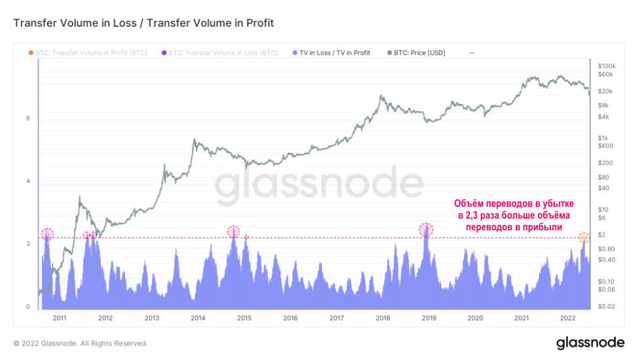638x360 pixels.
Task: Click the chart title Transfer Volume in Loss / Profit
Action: tap(143, 23)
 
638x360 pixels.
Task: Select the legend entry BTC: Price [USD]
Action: tap(419, 52)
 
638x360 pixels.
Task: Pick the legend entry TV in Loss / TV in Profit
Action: tap(335, 52)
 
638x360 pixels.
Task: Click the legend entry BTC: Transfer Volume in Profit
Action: tap(90, 52)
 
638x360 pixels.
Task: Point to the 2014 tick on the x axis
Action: tap(198, 318)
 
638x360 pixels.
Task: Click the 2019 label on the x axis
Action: tap(429, 318)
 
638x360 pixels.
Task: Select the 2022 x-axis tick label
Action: tap(568, 318)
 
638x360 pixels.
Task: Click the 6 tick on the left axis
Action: tap(28, 118)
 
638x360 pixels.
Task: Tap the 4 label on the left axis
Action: tap(28, 181)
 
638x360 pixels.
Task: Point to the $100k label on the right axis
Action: tap(607, 66)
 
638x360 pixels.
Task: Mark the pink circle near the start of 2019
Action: tap(426, 230)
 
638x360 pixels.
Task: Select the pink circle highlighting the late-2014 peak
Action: tap(233, 232)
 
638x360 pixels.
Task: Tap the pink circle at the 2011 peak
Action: tap(47, 234)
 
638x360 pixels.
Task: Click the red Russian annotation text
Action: tap(514, 215)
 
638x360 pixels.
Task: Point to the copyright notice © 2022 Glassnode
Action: tap(81, 343)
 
